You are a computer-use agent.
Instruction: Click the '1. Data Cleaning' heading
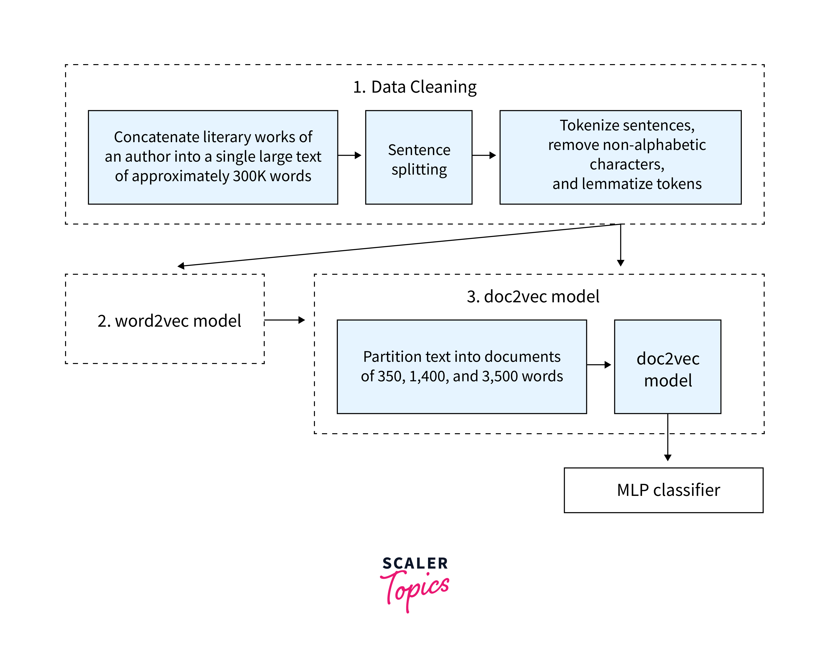(414, 87)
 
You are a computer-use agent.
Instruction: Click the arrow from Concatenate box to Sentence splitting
(350, 155)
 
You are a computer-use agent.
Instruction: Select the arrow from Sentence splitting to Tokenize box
(484, 155)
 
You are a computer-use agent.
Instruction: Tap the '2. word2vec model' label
(169, 321)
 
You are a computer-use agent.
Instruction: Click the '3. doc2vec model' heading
(533, 296)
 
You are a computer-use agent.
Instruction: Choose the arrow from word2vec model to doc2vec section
(284, 320)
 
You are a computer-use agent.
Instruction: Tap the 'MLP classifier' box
(663, 490)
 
